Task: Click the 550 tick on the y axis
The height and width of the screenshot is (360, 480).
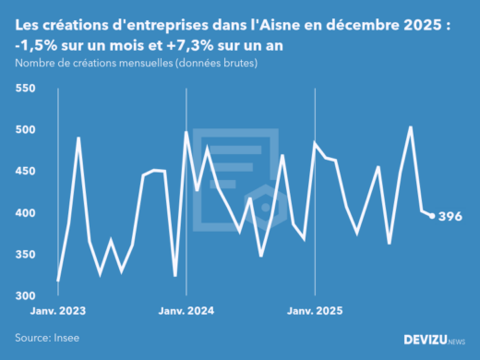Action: [x=24, y=89]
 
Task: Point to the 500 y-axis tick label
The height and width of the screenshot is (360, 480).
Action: [x=24, y=130]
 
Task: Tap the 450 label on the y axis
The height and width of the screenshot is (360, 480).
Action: [x=24, y=172]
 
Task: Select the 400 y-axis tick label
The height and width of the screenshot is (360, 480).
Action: [x=24, y=213]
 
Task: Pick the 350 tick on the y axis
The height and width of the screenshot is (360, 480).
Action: [x=24, y=255]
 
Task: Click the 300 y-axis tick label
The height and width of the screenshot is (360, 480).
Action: [x=24, y=296]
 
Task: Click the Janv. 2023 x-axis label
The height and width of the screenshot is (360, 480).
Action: [x=58, y=311]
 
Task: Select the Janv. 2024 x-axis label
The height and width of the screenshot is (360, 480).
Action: [x=186, y=311]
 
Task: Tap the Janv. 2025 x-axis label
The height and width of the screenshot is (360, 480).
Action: [x=316, y=311]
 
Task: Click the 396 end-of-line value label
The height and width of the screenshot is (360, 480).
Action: [x=450, y=217]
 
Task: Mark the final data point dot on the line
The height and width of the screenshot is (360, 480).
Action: [x=432, y=216]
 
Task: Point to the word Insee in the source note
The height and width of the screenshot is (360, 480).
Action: [x=67, y=339]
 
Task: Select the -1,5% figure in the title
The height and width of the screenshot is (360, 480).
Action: [x=36, y=46]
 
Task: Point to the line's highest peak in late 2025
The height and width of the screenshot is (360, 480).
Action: [x=410, y=127]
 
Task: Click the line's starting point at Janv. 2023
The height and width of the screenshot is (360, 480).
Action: [x=58, y=280]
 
